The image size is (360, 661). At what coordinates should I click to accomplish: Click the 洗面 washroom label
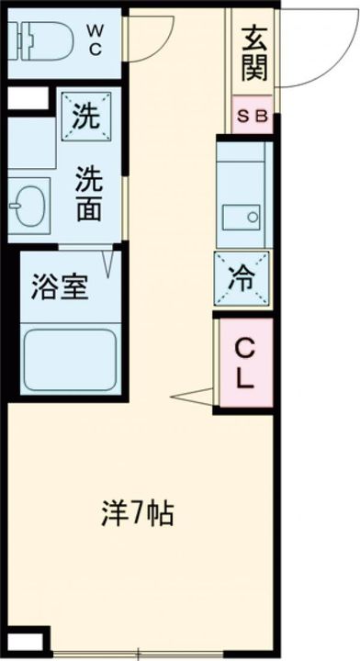tap(88, 194)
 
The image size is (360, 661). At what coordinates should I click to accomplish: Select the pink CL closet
tap(244, 362)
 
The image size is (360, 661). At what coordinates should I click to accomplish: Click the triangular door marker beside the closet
tap(193, 396)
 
